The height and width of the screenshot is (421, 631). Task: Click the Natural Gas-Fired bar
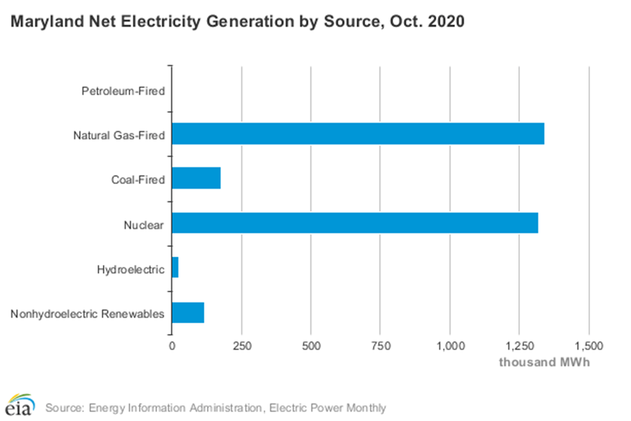[358, 134]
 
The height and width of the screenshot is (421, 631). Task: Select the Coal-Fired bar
[196, 178]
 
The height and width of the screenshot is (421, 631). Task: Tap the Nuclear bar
[355, 223]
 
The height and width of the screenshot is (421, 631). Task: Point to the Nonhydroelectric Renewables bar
[188, 313]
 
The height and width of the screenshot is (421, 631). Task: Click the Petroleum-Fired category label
[123, 91]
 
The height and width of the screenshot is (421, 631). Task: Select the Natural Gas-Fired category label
[119, 136]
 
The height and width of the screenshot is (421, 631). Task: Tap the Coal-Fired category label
[138, 180]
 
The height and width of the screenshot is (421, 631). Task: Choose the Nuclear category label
[144, 225]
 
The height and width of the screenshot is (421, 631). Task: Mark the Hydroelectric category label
[131, 270]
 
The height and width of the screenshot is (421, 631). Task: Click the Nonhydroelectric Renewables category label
[88, 315]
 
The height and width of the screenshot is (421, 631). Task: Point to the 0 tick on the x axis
[172, 346]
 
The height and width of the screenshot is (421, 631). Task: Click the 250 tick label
[241, 346]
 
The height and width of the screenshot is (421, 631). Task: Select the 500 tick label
[311, 346]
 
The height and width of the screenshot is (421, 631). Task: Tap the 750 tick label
[380, 346]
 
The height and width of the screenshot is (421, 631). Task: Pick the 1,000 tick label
[450, 346]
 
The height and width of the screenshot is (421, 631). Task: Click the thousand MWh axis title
[544, 362]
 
